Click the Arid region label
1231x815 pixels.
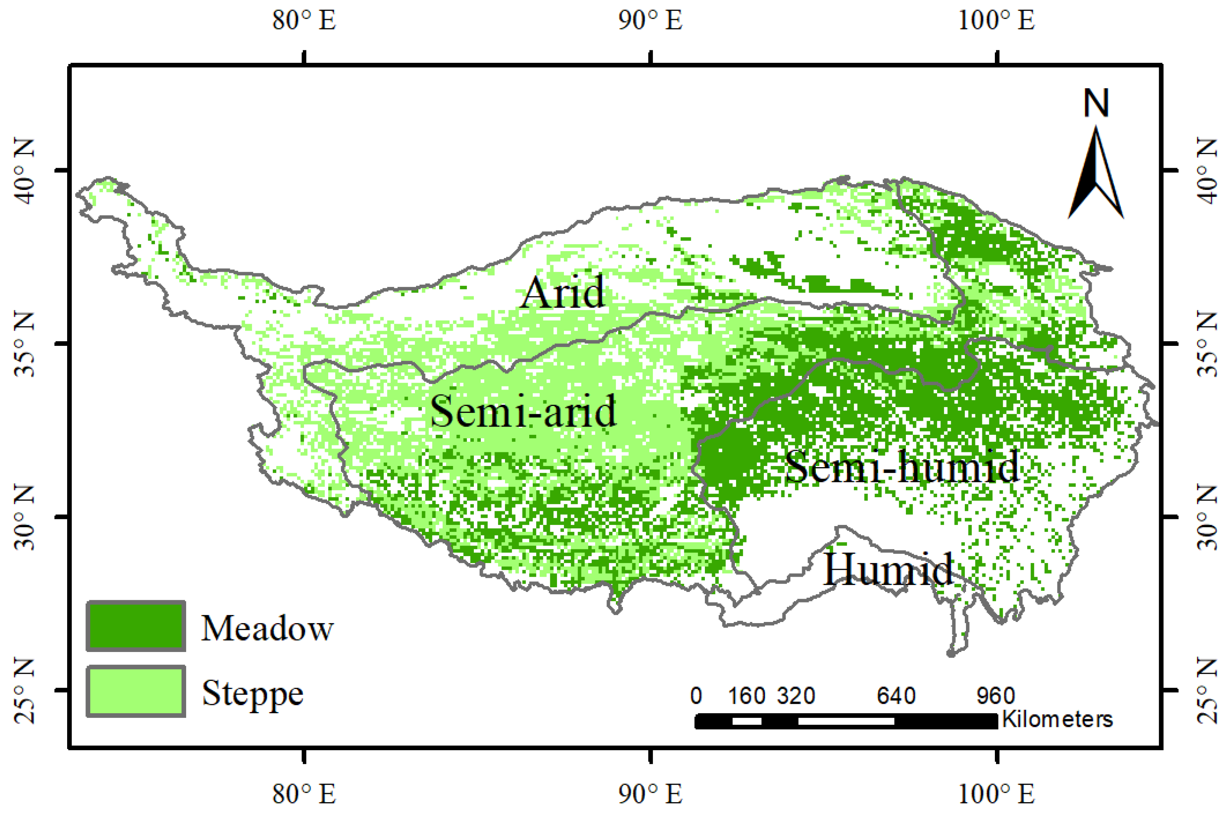tap(563, 292)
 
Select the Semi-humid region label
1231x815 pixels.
tap(901, 466)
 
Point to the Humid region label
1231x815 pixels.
tap(888, 570)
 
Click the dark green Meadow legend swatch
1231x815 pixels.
tap(136, 626)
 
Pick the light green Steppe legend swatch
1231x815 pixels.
tap(136, 691)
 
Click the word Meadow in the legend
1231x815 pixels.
tap(267, 628)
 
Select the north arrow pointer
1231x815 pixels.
tap(1096, 174)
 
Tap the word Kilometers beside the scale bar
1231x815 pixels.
tap(1057, 720)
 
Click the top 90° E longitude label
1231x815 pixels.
tap(650, 21)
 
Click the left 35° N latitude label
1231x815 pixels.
tap(23, 344)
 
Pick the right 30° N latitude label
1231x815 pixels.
tap(1208, 517)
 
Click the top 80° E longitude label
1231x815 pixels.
tap(304, 21)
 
